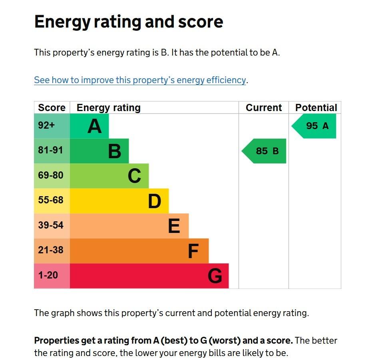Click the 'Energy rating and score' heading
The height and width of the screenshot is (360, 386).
pos(128,22)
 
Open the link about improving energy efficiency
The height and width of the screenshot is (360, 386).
pos(140,80)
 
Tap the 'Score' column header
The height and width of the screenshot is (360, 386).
pos(52,108)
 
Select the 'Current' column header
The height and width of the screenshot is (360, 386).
pos(264,108)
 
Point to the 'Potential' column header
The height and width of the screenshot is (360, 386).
pos(316,108)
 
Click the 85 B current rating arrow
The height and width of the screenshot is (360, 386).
pos(265,151)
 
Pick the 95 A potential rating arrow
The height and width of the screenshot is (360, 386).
pos(315,126)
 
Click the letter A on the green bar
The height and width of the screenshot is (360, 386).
pos(95,126)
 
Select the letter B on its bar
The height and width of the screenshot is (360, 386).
pos(115,151)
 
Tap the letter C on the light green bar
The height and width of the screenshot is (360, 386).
pos(134,176)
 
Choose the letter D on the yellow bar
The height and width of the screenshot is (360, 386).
pos(154,201)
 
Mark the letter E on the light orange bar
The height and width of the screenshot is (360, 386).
pos(174,226)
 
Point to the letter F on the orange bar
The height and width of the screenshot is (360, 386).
pos(193,251)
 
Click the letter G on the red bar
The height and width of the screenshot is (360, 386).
pos(215,276)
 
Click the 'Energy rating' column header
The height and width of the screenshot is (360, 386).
pos(109,108)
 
